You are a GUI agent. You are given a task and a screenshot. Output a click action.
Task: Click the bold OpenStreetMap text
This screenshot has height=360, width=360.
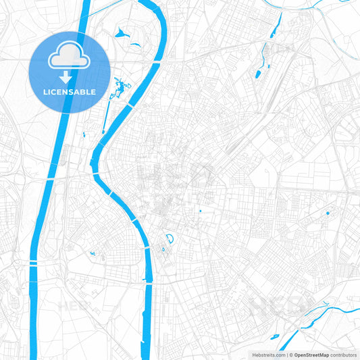pos(311,355)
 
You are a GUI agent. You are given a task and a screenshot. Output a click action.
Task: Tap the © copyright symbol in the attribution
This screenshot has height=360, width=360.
pos(290,355)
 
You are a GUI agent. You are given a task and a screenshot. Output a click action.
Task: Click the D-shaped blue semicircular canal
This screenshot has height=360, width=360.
pos(170,237)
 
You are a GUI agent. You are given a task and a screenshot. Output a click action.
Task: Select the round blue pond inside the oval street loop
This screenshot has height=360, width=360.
pos(328,213)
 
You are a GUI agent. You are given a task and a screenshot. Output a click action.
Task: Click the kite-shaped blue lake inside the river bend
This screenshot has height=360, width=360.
pos(122,32)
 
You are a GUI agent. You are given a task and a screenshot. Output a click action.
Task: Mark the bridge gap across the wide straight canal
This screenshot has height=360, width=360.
pos(33,261)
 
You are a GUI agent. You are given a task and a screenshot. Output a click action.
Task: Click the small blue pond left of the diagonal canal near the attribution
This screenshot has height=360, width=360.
pos(274,336)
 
